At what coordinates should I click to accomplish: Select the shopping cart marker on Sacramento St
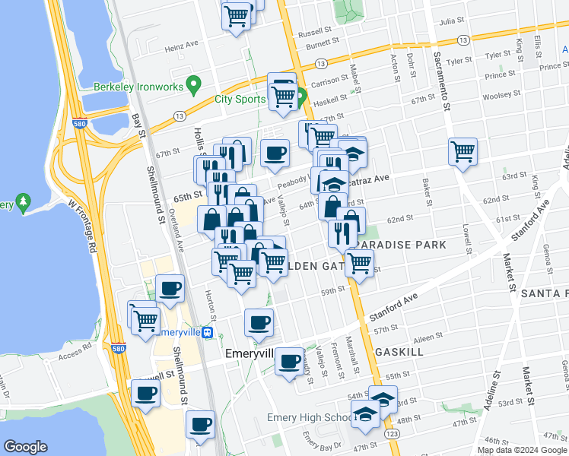(463, 152)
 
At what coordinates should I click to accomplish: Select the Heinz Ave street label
(181, 47)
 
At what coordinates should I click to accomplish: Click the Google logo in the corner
(25, 447)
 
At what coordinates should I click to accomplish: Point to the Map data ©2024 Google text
(522, 450)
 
